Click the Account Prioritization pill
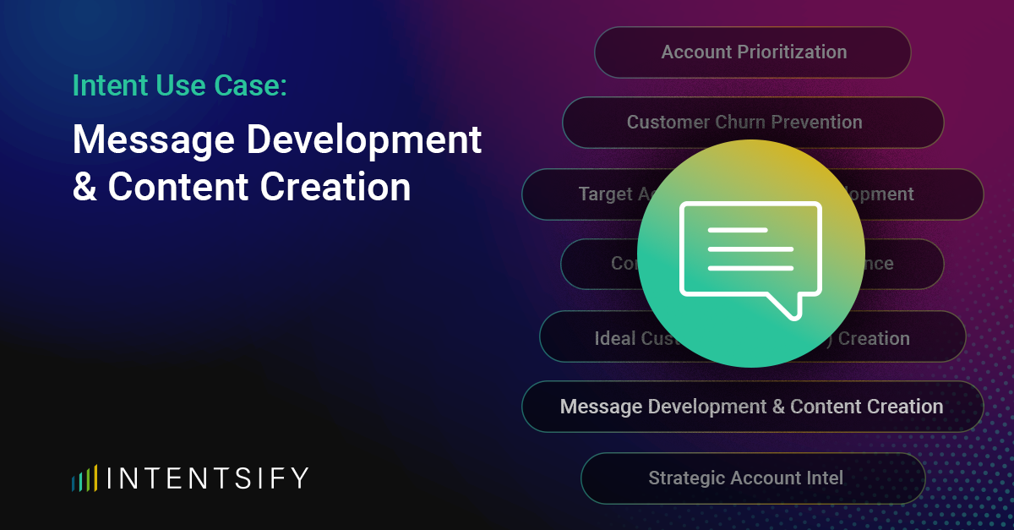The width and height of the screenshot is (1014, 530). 752,52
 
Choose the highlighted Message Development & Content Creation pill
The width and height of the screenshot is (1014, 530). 752,407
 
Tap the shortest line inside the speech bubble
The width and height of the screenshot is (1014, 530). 737,230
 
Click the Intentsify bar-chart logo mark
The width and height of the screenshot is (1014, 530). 84,478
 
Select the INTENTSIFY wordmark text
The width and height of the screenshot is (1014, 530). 209,478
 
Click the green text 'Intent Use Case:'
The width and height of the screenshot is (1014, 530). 179,85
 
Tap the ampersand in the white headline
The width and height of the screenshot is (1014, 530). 84,188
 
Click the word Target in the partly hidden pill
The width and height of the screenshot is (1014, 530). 606,194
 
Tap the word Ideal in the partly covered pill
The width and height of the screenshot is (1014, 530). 614,339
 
